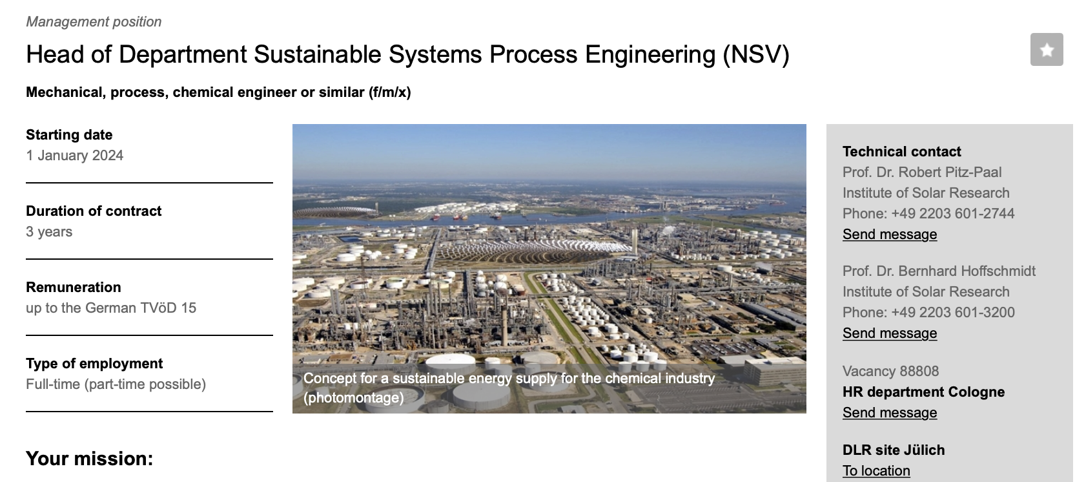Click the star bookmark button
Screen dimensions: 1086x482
[1047, 50]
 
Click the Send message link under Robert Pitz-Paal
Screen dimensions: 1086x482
[890, 235]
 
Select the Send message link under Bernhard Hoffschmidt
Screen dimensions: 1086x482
[890, 333]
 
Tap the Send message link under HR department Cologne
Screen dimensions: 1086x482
[890, 413]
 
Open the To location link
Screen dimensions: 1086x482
[876, 471]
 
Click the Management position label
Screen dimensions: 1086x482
[94, 22]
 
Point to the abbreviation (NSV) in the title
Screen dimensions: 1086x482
[756, 54]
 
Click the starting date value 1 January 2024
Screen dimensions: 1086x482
[75, 155]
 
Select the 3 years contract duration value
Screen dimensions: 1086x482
[49, 232]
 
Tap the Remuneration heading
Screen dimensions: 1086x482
[73, 288]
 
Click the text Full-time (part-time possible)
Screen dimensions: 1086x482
[116, 384]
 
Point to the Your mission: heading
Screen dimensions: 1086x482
[89, 459]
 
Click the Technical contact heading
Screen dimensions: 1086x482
[902, 151]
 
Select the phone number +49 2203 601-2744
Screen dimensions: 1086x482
[953, 214]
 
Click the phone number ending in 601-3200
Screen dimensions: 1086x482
[953, 312]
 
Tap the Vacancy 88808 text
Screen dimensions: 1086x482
[890, 372]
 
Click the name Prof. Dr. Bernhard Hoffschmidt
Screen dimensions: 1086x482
[939, 271]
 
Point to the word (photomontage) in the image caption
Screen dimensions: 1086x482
[353, 398]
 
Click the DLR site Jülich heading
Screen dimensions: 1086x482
[894, 450]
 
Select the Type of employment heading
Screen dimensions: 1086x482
[94, 364]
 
